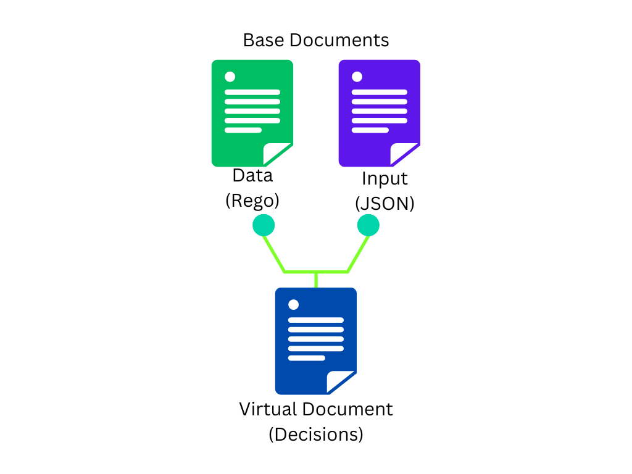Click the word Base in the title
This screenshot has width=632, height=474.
[264, 41]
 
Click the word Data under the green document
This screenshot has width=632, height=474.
[252, 175]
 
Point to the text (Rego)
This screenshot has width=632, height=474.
[252, 201]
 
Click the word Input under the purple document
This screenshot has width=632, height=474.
[385, 178]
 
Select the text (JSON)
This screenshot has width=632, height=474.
[385, 203]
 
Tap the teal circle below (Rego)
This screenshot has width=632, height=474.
[264, 225]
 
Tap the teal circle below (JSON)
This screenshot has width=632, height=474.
[368, 225]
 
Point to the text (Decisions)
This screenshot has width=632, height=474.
[316, 434]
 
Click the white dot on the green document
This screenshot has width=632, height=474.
[230, 77]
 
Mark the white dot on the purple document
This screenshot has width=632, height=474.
[357, 77]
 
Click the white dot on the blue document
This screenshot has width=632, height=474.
[294, 305]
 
